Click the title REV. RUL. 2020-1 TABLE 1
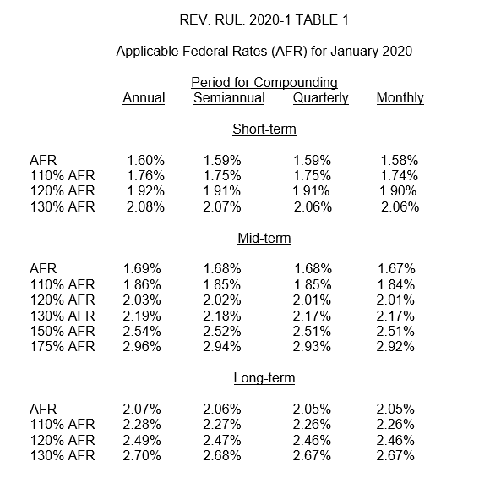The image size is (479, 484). [264, 20]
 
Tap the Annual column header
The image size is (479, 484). [144, 98]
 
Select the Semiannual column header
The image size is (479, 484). [229, 98]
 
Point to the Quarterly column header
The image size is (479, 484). [320, 98]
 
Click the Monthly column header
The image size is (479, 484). [400, 98]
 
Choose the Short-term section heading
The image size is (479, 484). [264, 129]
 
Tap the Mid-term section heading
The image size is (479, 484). [264, 239]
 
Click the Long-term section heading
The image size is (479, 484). [264, 378]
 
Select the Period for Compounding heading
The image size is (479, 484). [264, 83]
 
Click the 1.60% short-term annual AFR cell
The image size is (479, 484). [146, 161]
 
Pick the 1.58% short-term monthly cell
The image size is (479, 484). [400, 161]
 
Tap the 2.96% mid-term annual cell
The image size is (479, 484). [142, 347]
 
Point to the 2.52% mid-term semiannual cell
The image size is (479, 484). [222, 331]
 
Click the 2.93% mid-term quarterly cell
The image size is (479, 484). [312, 347]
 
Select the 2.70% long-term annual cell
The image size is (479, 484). [142, 456]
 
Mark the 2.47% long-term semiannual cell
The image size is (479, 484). [222, 441]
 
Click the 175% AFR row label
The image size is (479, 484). [63, 347]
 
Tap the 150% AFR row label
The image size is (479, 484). [63, 331]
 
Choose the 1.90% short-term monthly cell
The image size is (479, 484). [398, 191]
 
